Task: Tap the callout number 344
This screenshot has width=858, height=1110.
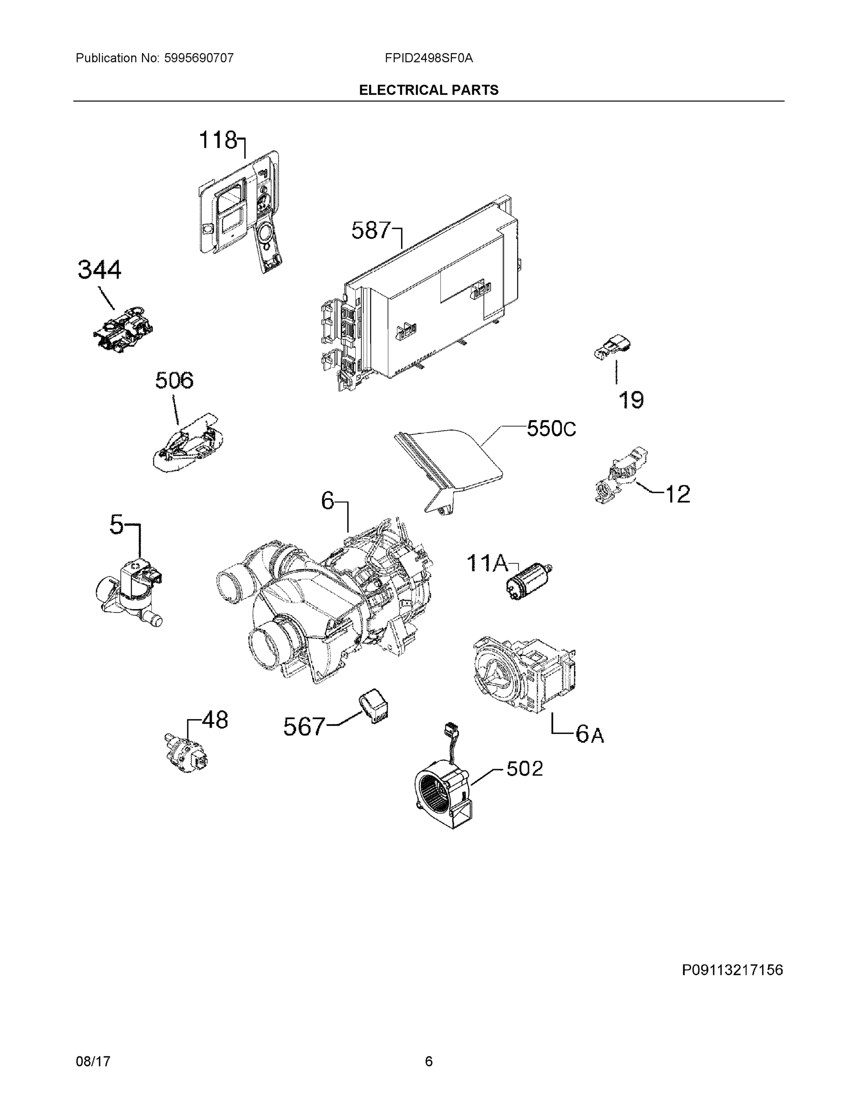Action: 99,270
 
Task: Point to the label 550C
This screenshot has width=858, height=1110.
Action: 551,428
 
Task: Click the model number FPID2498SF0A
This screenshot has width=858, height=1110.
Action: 428,58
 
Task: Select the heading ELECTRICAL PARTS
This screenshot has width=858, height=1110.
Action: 428,91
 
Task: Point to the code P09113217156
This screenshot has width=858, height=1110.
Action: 732,970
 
